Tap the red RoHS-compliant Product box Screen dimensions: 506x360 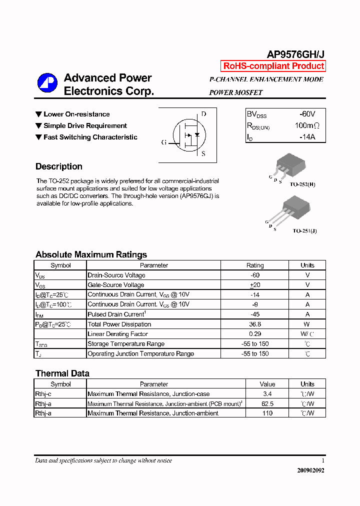(273, 66)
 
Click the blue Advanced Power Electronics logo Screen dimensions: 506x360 (47, 83)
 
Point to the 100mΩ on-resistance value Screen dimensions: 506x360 (306, 126)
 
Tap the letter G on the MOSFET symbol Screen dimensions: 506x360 (163, 142)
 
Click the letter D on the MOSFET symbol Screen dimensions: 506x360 (203, 114)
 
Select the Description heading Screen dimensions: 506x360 (59, 166)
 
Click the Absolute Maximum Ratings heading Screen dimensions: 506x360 (91, 254)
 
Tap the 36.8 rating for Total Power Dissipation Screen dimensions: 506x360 (255, 324)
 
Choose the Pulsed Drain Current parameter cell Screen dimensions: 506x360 (116, 314)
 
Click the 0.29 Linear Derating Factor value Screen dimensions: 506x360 (255, 334)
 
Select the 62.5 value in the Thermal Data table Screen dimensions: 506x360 (267, 403)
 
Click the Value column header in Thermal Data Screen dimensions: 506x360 (267, 384)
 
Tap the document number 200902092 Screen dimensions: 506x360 (310, 470)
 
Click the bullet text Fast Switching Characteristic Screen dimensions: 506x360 (90, 137)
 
